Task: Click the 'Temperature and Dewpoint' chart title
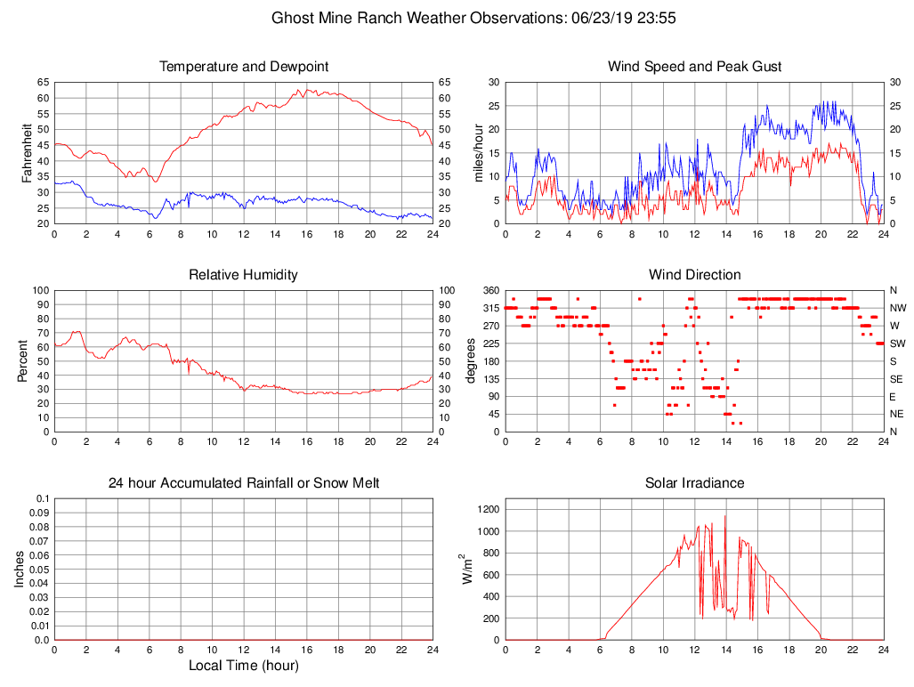coord(243,67)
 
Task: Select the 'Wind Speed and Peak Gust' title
coord(694,67)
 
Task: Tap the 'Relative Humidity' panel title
coord(243,275)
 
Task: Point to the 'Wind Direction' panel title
coord(694,275)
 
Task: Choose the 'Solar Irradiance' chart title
coord(694,483)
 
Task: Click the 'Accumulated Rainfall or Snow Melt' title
coord(243,483)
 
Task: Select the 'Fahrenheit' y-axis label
coord(27,152)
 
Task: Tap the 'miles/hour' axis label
coord(478,152)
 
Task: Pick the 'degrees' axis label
coord(472,360)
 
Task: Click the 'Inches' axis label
coord(20,569)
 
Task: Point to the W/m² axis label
coord(465,569)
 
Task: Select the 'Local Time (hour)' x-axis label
coord(243,666)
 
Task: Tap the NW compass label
coord(897,308)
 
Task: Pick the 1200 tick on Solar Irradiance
coord(488,510)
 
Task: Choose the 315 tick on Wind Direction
coord(490,308)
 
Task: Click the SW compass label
coord(897,343)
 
